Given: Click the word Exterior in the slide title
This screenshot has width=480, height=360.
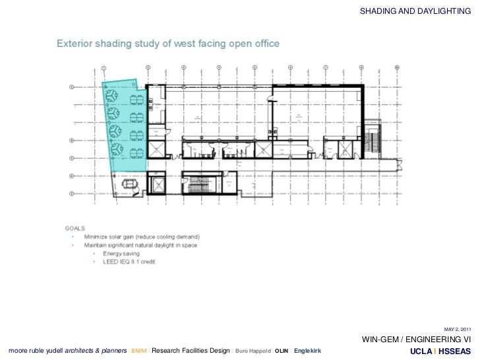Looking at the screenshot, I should (78, 44).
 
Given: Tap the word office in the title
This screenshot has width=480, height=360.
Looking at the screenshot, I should (264, 44).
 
